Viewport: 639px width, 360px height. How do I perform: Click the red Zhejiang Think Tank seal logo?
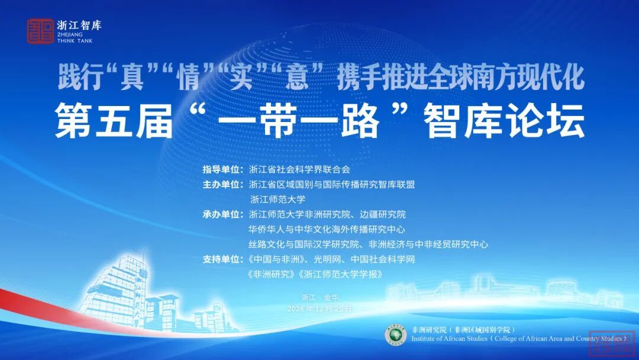[40, 31]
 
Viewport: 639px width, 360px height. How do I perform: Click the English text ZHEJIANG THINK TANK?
[75, 37]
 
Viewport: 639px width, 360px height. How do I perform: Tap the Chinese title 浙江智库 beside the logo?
[79, 25]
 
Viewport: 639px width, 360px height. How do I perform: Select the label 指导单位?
[222, 169]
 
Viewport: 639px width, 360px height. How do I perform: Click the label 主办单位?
[222, 185]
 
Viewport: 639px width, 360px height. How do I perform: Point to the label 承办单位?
[222, 214]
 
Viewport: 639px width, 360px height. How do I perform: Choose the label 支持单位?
[222, 259]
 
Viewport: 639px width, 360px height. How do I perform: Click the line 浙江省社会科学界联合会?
[299, 169]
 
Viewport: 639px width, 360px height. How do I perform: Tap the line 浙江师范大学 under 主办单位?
[277, 200]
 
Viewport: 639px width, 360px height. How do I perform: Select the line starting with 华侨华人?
[327, 230]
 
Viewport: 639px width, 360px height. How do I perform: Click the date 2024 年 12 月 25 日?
[320, 308]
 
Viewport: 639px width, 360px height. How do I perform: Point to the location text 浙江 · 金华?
[320, 298]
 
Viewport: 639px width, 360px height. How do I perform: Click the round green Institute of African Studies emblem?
[396, 335]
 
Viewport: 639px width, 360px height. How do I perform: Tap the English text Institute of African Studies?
[450, 339]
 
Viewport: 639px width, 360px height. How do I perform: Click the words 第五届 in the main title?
[114, 121]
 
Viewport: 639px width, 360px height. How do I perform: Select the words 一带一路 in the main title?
[299, 121]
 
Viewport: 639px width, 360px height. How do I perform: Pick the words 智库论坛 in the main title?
[504, 121]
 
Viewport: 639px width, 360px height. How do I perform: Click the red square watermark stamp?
[612, 342]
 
